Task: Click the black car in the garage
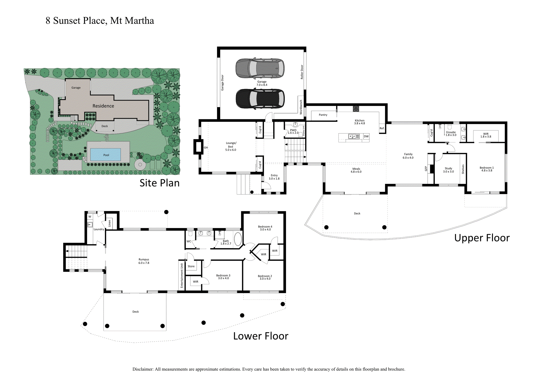pos(260,99)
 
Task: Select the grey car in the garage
pos(260,68)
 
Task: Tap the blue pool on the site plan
pos(105,155)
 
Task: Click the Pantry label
pos(323,115)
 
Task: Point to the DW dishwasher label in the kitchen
pos(366,137)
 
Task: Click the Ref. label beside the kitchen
pos(382,128)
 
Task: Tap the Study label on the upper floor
pos(448,169)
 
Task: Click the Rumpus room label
pos(144,260)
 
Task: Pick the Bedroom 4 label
pos(265,227)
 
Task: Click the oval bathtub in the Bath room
pos(238,239)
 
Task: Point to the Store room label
pos(191,266)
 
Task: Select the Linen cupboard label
pos(109,223)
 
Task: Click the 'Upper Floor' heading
pos(482,238)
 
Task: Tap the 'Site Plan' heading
pos(159,183)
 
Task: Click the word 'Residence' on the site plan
pos(103,106)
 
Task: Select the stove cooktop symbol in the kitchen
pos(356,109)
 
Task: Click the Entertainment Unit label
pos(182,275)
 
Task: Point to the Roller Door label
pos(302,72)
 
